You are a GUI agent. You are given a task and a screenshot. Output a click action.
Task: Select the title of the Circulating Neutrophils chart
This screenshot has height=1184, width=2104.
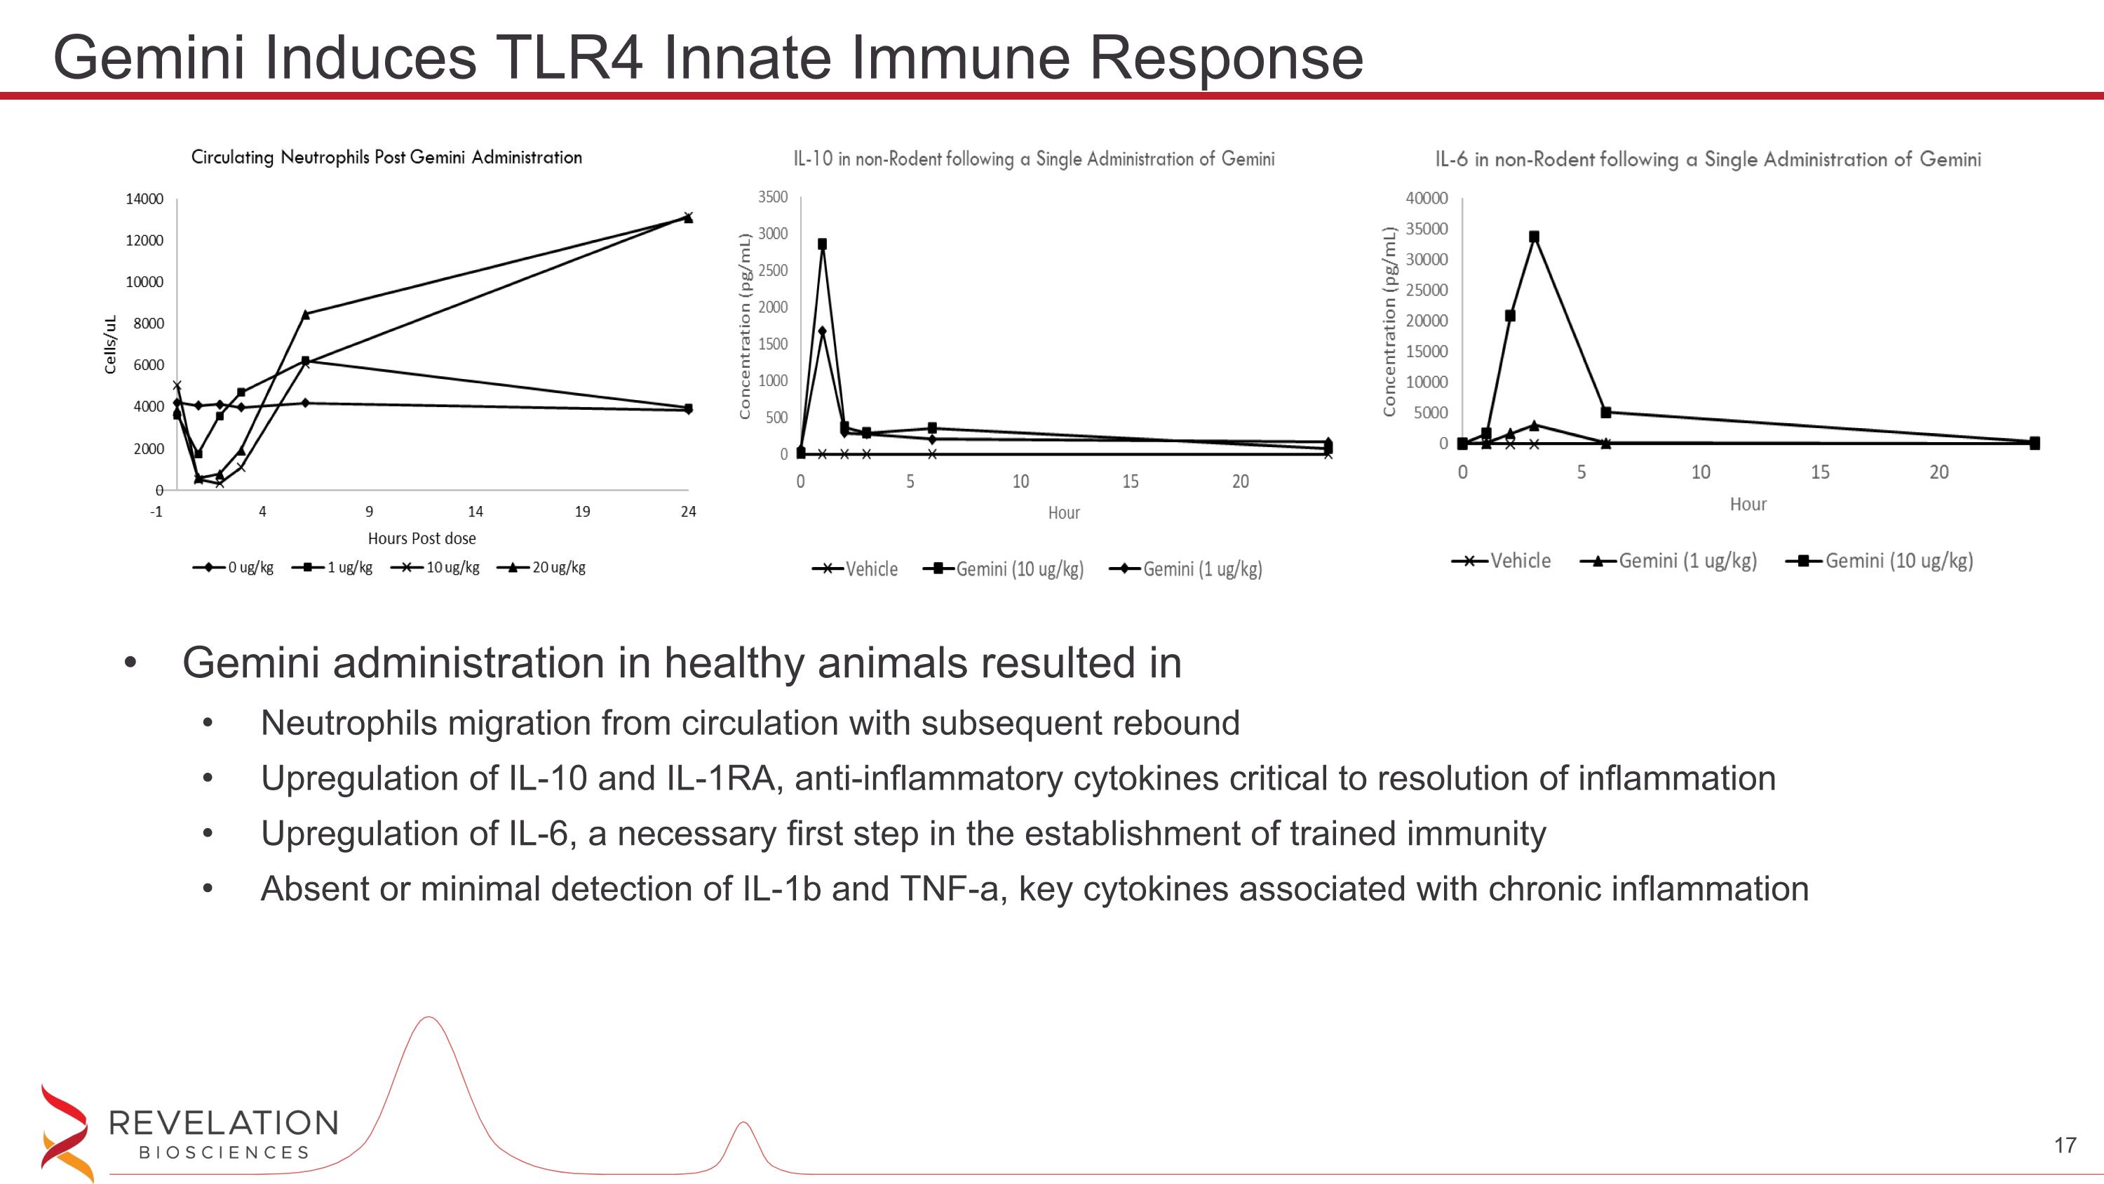386,157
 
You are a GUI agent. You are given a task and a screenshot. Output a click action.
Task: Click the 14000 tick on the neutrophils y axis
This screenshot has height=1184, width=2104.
144,199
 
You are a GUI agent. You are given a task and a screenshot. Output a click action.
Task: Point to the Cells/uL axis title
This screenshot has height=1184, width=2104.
111,345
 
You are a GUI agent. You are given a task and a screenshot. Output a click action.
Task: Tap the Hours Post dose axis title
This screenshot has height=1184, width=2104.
422,538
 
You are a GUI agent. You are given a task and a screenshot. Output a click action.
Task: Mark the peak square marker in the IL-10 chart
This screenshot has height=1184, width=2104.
823,244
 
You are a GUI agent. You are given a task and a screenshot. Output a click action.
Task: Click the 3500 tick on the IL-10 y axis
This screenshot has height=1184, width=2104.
773,197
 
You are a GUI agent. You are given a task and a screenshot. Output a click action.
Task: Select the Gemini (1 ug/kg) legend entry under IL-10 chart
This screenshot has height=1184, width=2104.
1186,569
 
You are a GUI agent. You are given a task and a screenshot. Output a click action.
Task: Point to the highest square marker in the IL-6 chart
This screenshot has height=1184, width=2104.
1534,237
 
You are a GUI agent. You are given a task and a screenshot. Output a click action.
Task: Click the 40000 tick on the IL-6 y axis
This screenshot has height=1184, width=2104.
1426,199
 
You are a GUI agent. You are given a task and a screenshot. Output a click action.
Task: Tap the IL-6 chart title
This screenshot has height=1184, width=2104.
1708,159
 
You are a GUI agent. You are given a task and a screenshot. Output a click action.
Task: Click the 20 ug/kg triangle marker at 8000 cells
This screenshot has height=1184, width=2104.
306,314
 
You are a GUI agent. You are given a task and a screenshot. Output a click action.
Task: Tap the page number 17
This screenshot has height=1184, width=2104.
2065,1145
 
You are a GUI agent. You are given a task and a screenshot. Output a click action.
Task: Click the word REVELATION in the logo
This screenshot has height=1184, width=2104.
223,1124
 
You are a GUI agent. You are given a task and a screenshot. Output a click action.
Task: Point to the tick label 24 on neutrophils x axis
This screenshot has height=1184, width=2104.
689,512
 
